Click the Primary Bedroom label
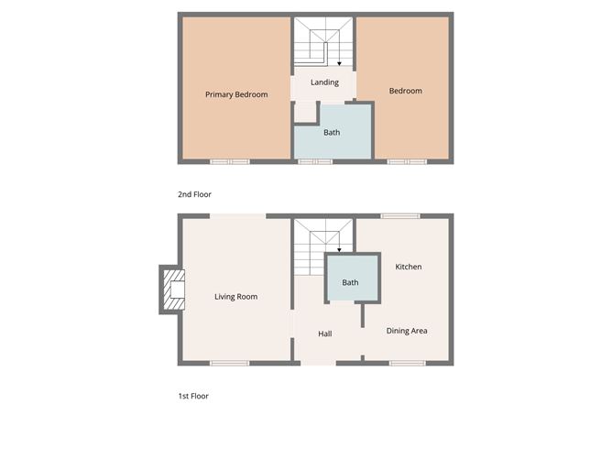236,94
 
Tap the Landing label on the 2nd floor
324,82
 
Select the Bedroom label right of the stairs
405,91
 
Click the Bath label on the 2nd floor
332,133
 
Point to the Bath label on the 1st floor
350,282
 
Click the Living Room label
235,297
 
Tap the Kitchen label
408,267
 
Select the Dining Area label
406,331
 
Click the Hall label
324,333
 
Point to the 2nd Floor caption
194,194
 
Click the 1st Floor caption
193,396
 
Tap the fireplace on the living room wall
172,290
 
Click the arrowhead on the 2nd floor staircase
339,64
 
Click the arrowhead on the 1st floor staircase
339,249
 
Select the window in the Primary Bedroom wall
229,161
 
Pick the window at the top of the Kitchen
399,216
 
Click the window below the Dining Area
407,364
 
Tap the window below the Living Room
229,364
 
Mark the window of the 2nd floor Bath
315,161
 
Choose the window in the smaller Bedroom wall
406,161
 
